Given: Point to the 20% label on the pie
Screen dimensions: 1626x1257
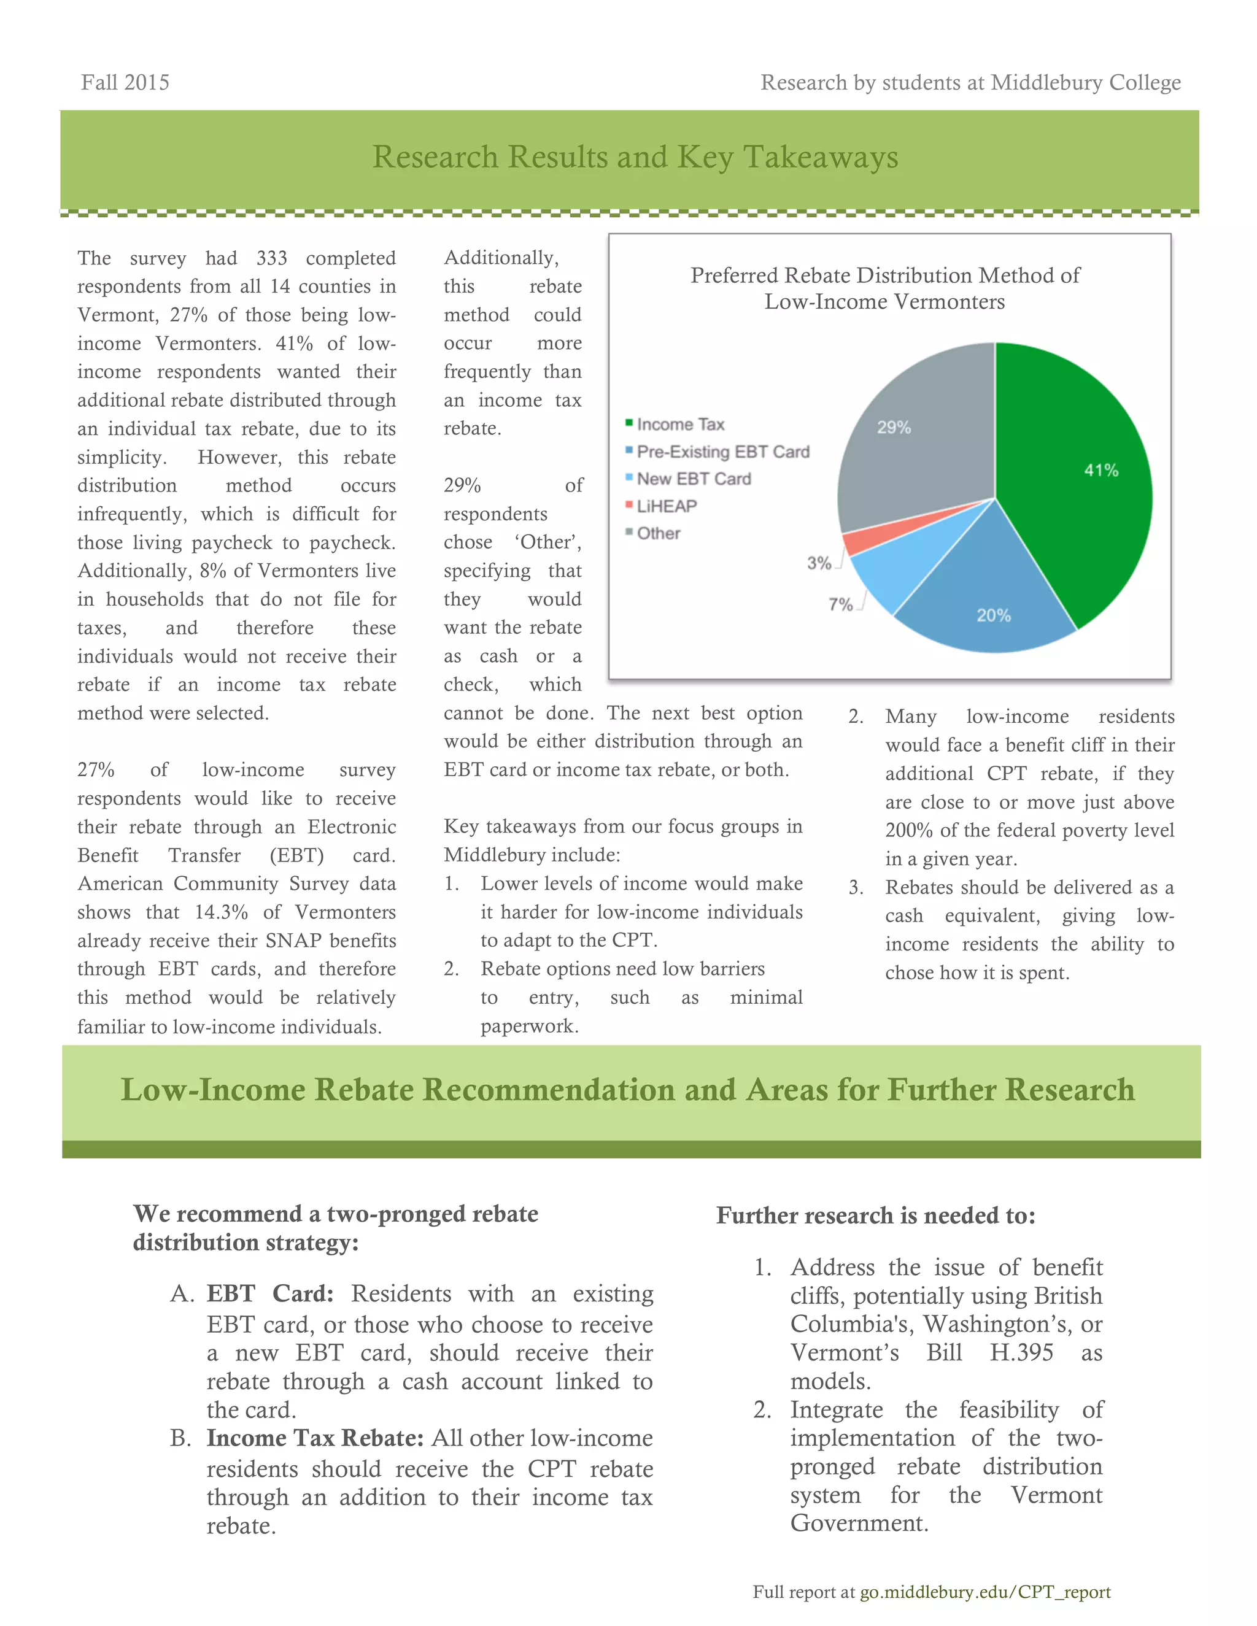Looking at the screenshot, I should pos(994,615).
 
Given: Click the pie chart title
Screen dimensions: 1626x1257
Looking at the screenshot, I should pos(884,288).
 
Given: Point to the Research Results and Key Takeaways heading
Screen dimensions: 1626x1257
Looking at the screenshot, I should pos(635,157).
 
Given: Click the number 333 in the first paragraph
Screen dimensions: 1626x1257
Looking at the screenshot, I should pos(272,258).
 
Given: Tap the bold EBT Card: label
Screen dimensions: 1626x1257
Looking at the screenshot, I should pos(269,1293).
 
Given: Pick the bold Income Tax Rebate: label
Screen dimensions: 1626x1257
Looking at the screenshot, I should pos(315,1438).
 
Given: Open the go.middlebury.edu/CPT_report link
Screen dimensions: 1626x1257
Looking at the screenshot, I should pos(984,1592).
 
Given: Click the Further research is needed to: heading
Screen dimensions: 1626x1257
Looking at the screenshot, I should pos(875,1215).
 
